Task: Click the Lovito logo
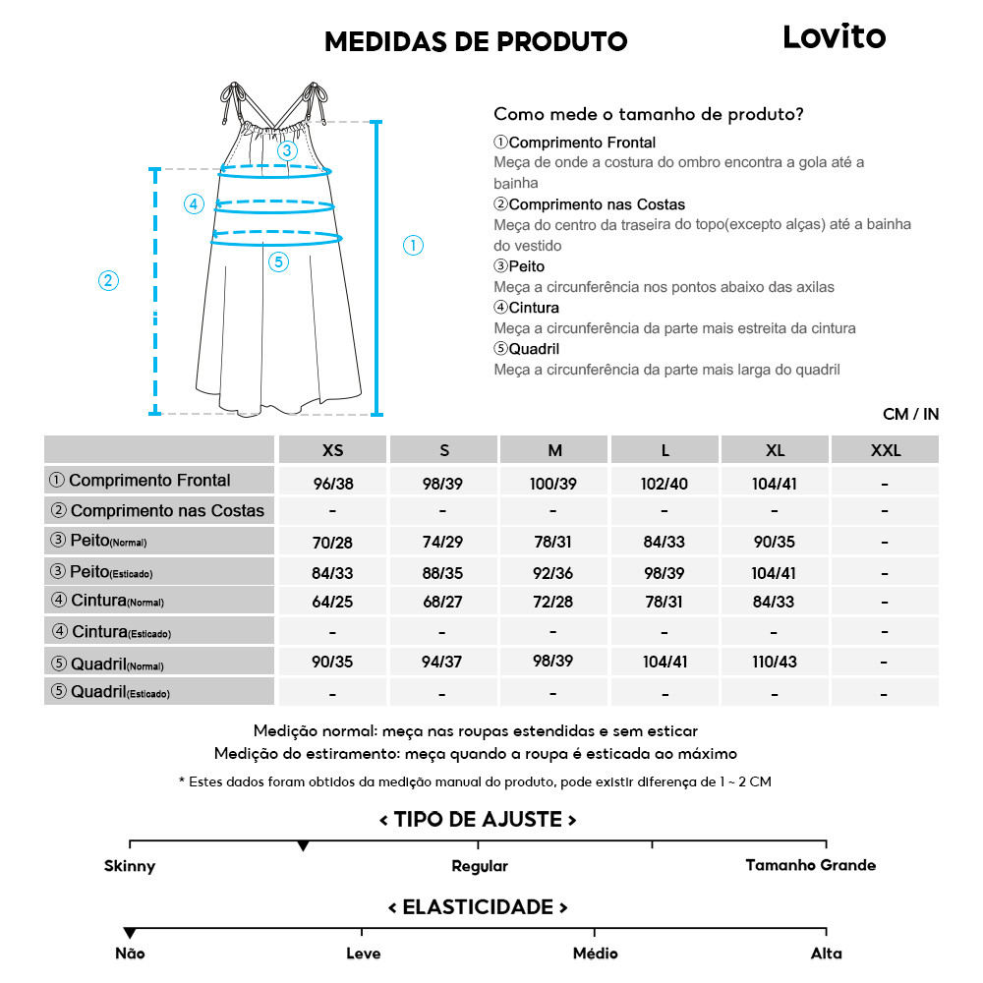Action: [834, 37]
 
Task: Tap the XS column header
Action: [333, 450]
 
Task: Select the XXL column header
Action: [885, 450]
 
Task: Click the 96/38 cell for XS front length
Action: [333, 484]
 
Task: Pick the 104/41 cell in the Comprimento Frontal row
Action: [775, 484]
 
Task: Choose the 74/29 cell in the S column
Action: [443, 543]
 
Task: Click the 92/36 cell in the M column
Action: [554, 573]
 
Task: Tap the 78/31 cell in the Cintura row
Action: [665, 602]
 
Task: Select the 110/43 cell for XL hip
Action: [775, 662]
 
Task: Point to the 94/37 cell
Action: [443, 662]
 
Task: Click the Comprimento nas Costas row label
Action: [158, 511]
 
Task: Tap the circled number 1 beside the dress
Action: [414, 246]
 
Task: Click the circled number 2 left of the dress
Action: [109, 280]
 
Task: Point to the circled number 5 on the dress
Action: [279, 261]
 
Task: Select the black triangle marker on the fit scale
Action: [303, 846]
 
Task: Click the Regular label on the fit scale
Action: [480, 866]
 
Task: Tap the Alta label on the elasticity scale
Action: [827, 954]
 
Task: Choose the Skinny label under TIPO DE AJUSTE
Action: [130, 866]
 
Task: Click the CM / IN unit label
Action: [910, 414]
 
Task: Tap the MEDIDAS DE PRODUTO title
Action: [476, 41]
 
